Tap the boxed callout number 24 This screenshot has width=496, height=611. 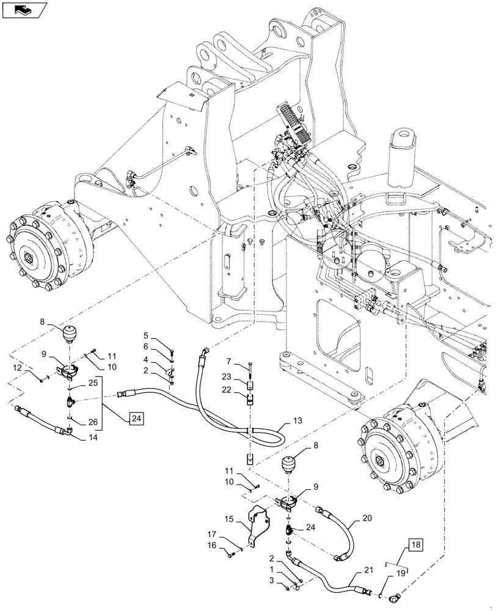[137, 419]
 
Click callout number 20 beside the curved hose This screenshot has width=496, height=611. [366, 517]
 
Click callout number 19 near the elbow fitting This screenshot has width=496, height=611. [402, 574]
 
